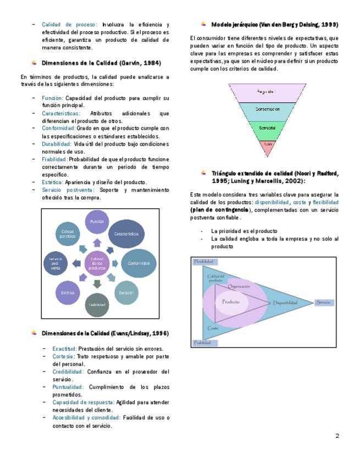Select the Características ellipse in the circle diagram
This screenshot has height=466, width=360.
tap(126, 234)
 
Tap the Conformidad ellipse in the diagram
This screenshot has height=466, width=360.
tap(139, 263)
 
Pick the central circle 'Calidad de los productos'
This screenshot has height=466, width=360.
tap(97, 263)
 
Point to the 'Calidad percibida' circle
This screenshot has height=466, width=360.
tap(68, 234)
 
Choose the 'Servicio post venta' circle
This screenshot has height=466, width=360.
tap(56, 263)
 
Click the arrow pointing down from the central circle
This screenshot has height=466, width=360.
tap(97, 284)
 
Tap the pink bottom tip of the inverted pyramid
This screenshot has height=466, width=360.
tap(268, 145)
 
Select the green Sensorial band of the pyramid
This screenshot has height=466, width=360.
tap(268, 127)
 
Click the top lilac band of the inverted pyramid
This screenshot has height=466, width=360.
tap(268, 91)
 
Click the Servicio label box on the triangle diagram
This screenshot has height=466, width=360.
tap(323, 302)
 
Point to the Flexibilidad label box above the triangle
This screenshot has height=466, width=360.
tap(203, 262)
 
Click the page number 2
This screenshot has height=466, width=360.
tap(337, 436)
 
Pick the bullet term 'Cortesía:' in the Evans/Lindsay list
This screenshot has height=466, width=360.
tap(64, 356)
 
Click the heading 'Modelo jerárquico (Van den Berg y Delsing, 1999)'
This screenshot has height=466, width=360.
tap(274, 25)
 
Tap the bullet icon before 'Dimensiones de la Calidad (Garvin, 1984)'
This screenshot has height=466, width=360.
tap(35, 63)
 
